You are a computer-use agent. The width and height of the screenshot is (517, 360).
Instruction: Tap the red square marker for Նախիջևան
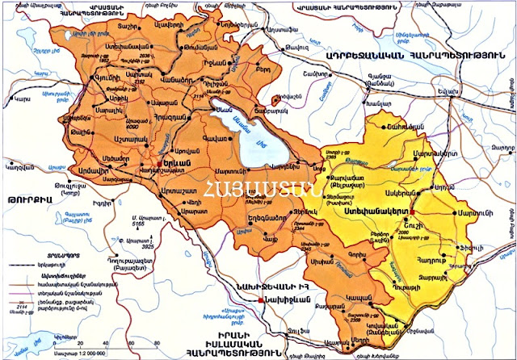[x=258, y=300]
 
